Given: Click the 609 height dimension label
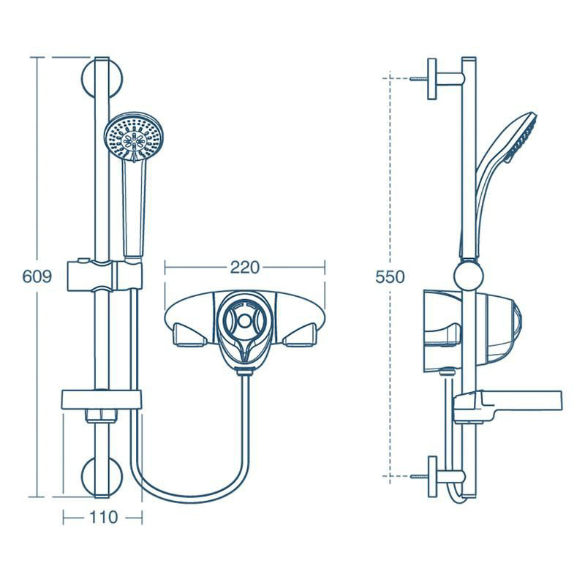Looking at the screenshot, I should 37,277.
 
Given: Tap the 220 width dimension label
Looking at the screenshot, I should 244,268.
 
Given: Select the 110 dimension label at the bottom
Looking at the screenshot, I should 102,518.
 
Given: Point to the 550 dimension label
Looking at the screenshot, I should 389,277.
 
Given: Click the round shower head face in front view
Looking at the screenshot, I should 136,137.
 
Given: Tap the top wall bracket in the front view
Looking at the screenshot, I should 105,78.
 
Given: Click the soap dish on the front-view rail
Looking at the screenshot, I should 102,399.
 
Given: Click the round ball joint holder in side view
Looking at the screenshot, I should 468,277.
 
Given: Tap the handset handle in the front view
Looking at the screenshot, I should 133,208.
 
